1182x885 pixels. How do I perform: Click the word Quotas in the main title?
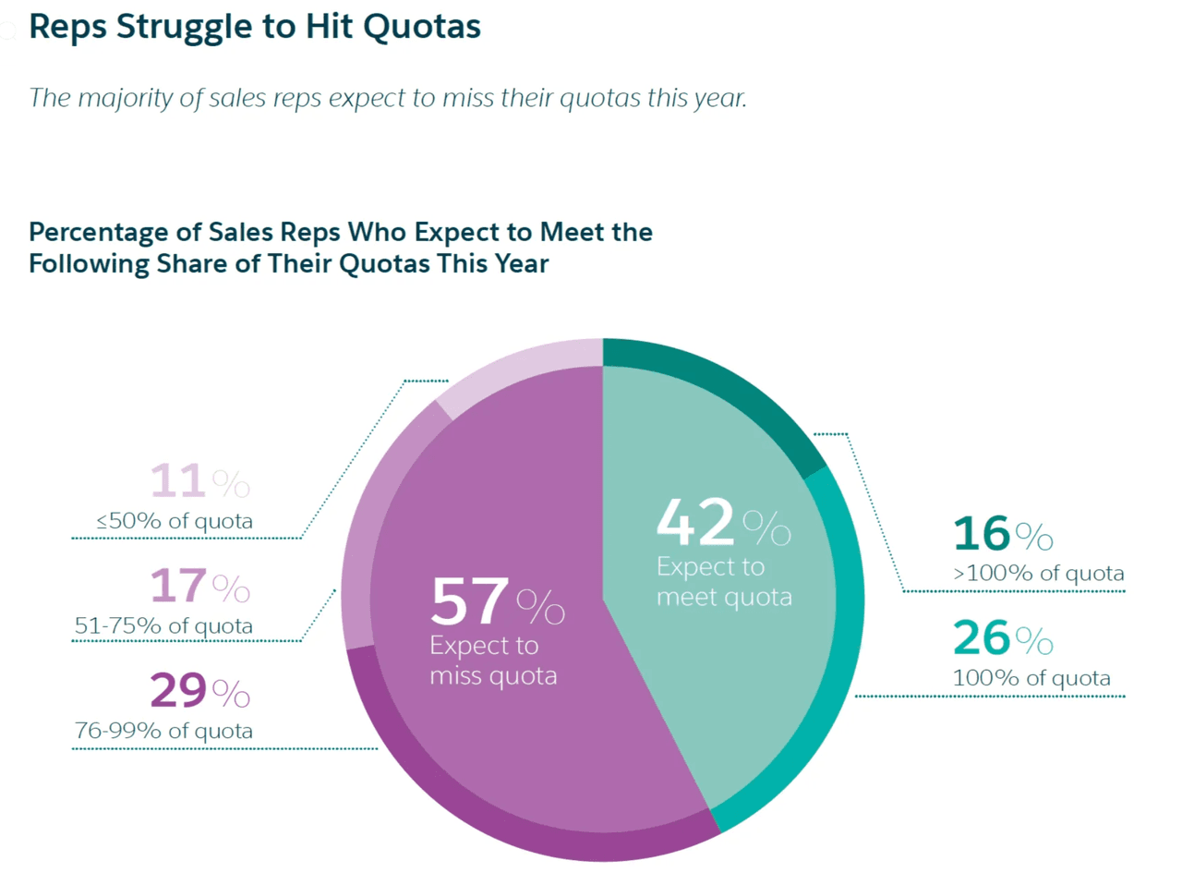(421, 27)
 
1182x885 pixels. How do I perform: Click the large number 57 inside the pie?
(469, 601)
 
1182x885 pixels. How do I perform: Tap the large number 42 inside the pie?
(695, 523)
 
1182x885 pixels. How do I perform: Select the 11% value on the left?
(199, 481)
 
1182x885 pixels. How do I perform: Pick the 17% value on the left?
(199, 586)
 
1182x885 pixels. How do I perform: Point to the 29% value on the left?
(199, 690)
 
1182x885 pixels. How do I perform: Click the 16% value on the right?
(1003, 534)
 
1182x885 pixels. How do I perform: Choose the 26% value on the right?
(1003, 638)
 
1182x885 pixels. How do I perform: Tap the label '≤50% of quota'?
(175, 521)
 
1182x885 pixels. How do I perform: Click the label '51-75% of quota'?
(163, 626)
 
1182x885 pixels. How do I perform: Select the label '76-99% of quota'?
(163, 731)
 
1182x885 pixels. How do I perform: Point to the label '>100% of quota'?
(1039, 574)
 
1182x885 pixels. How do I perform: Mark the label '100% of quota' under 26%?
(1031, 678)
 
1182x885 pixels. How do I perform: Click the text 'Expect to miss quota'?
(493, 661)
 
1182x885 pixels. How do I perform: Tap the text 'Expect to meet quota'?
(724, 582)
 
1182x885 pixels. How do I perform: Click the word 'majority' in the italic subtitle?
(126, 98)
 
